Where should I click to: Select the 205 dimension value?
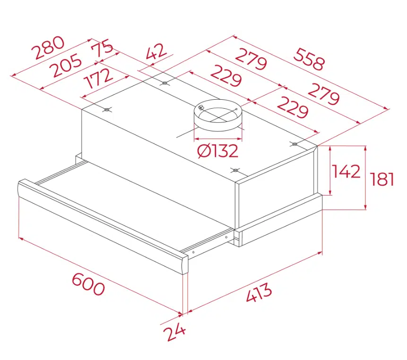point(66,65)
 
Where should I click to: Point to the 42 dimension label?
point(156,51)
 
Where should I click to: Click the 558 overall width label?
point(309,59)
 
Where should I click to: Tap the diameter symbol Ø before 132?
point(204,151)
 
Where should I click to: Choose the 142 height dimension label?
point(346,171)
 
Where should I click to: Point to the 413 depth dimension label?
point(259,293)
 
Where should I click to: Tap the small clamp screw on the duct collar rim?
point(201,107)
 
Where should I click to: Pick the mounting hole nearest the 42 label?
point(165,83)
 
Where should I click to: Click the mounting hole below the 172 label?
point(106,110)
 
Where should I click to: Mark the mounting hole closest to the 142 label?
point(295,144)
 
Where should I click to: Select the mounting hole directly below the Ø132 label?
point(235,171)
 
